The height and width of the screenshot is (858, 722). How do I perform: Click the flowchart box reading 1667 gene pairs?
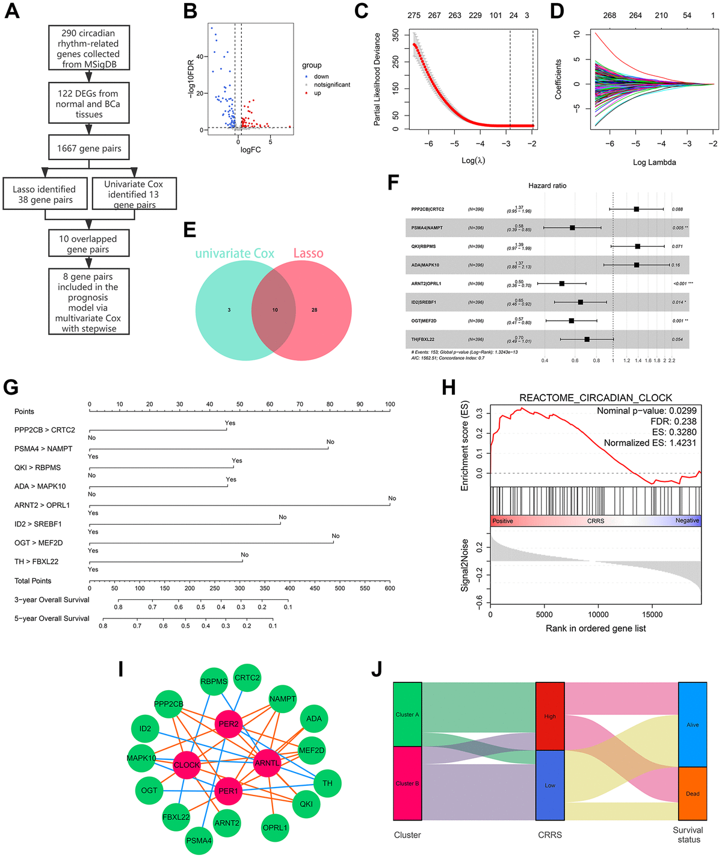tap(89, 148)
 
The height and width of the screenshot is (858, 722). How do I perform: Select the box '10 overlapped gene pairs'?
tap(88, 244)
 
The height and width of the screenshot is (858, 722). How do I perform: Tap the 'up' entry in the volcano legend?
tap(317, 93)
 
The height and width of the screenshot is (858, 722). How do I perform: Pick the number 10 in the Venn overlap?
tap(275, 310)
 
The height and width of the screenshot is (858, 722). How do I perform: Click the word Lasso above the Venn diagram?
tap(308, 253)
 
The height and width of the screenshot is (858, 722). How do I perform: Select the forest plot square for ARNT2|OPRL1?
tap(562, 283)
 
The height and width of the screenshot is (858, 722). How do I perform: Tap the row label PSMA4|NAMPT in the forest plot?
tap(427, 228)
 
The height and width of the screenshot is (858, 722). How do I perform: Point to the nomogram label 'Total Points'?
tap(33, 581)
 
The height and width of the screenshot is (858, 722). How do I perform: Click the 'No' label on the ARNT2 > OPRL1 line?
tap(392, 498)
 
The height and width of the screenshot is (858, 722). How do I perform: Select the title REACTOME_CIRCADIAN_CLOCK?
tap(596, 398)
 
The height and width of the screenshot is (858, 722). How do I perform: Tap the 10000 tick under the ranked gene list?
tap(598, 614)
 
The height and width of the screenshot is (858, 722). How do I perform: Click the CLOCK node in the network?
tap(187, 765)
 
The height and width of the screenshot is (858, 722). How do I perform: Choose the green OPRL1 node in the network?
tap(275, 828)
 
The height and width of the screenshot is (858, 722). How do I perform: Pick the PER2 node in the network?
tap(229, 724)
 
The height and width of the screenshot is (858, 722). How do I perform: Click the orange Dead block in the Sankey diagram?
tap(693, 794)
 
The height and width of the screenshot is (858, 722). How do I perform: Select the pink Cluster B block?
tap(407, 783)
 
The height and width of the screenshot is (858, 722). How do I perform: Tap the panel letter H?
tap(448, 387)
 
